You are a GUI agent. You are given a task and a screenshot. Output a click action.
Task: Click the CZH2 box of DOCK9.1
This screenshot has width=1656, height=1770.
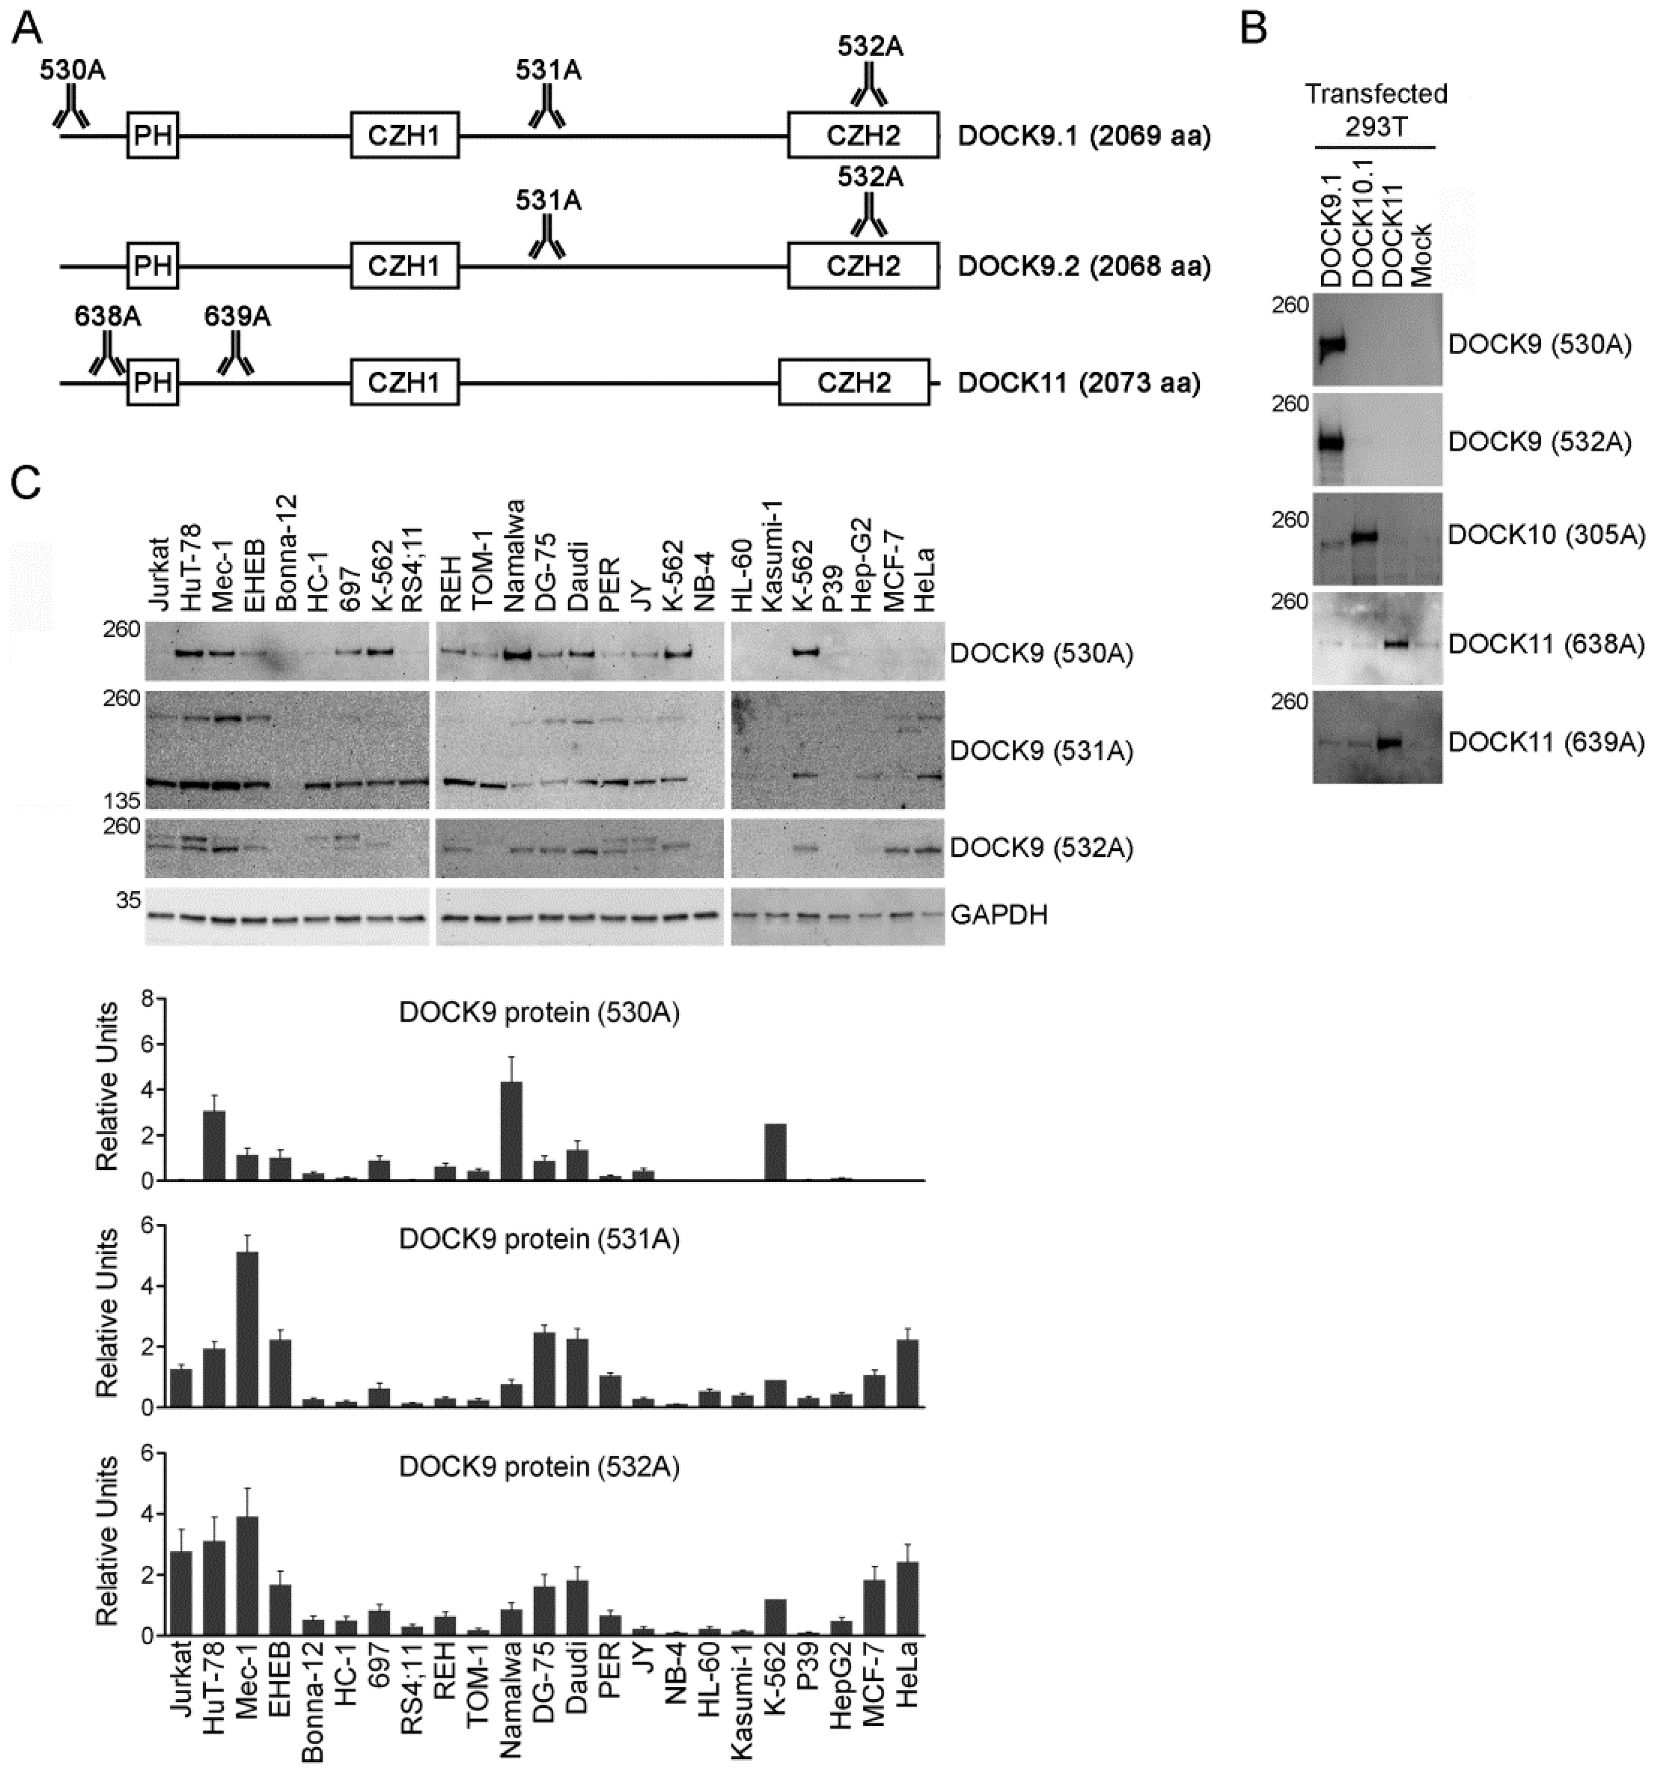863,136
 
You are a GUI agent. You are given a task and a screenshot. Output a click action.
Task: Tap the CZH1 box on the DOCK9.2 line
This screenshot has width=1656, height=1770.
405,265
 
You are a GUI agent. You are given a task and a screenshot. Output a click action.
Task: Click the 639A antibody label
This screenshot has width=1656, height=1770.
237,316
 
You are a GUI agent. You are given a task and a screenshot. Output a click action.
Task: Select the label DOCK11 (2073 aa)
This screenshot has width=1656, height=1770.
1078,384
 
